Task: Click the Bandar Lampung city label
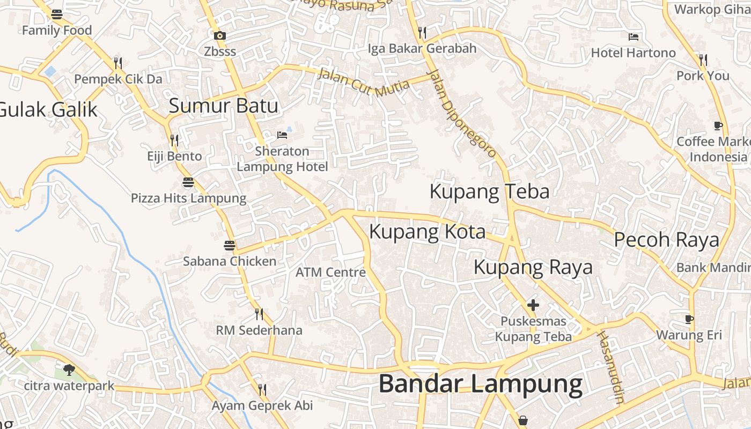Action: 480,384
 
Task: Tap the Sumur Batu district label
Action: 224,106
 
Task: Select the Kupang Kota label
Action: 428,232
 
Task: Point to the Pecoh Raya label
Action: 666,240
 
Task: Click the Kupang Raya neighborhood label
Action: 533,267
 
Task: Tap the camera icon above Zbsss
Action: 219,36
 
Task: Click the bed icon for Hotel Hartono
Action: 634,37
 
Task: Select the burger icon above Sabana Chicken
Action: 230,246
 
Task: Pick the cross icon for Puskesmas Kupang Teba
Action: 533,305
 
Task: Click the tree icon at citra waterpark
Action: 69,369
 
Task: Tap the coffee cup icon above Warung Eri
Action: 689,320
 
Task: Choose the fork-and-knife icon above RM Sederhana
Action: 259,314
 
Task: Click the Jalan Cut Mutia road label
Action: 363,80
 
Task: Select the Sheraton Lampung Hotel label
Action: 282,159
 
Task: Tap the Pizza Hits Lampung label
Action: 188,198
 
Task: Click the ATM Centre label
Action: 330,272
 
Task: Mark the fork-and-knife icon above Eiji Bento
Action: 174,140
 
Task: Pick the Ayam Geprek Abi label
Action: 262,405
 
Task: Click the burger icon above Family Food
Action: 57,14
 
